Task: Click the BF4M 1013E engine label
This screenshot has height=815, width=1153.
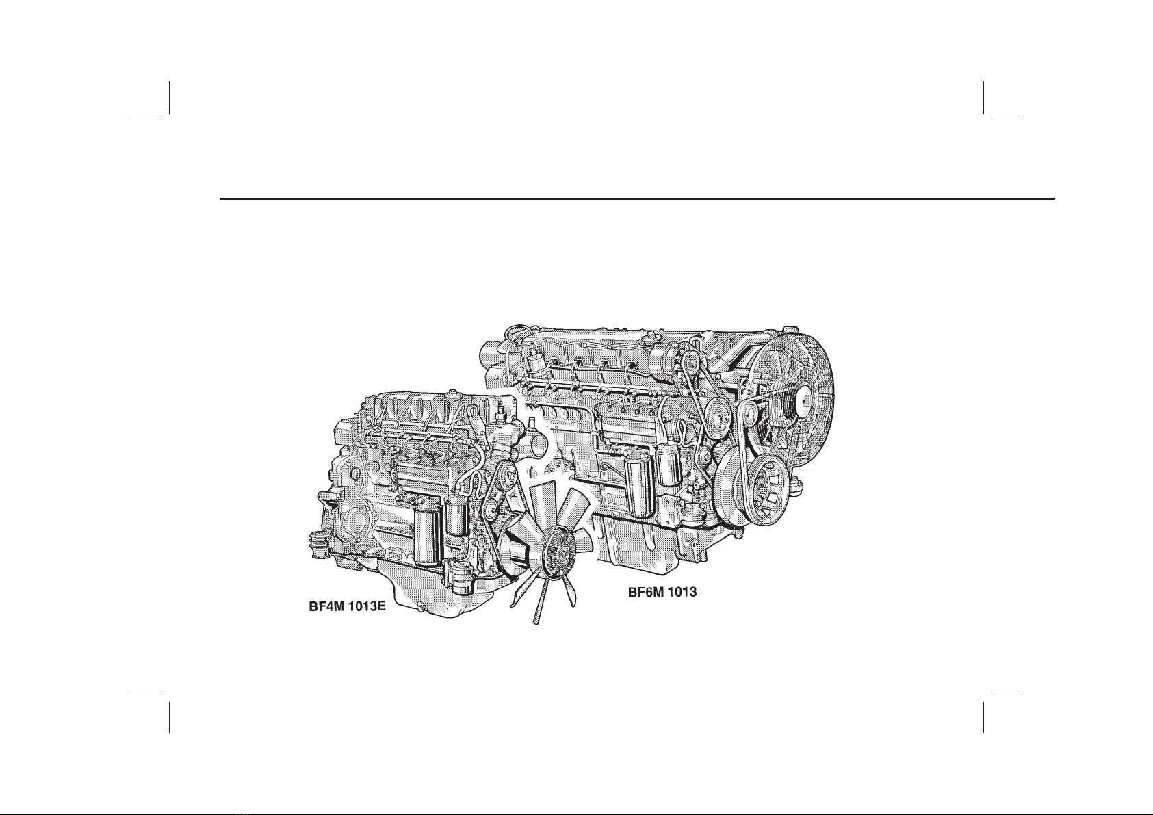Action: (347, 607)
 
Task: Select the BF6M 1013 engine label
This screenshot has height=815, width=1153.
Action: (662, 592)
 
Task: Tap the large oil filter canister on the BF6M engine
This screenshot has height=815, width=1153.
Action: (639, 484)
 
